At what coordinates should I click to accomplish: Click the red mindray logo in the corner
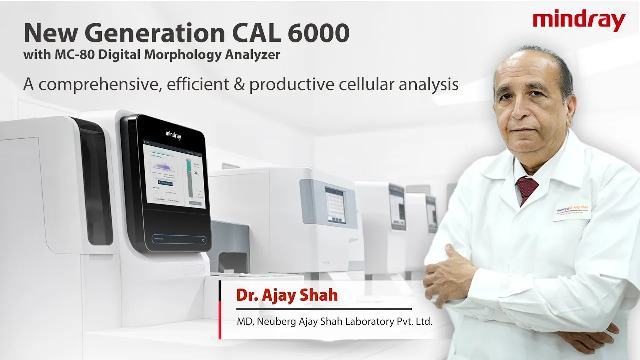[579, 21]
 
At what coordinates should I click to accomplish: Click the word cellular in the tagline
[364, 84]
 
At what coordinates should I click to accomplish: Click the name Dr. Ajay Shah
[287, 295]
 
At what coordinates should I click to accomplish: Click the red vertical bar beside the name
[220, 310]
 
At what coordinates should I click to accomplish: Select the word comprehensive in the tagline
[94, 84]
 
